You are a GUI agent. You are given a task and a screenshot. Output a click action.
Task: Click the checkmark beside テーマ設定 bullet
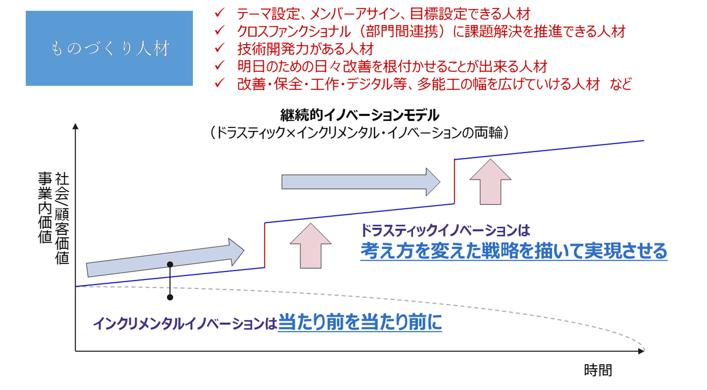tap(220, 13)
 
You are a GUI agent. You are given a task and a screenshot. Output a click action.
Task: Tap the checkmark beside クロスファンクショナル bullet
tap(220, 31)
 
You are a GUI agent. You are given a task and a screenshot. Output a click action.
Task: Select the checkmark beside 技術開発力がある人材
tap(220, 48)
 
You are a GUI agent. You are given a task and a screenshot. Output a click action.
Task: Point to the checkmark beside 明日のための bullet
tap(220, 66)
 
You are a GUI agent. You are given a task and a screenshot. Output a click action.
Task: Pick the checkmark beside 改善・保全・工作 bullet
tap(220, 83)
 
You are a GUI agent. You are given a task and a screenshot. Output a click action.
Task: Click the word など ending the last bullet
tap(621, 84)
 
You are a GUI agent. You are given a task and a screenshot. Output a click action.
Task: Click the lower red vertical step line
tap(265, 245)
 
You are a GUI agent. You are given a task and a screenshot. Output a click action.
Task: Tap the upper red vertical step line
tap(454, 181)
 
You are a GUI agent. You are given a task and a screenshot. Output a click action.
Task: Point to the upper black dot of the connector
tap(170, 264)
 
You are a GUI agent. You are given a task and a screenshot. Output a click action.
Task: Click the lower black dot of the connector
tap(170, 297)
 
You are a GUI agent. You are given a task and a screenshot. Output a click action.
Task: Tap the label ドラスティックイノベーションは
tap(445, 230)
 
